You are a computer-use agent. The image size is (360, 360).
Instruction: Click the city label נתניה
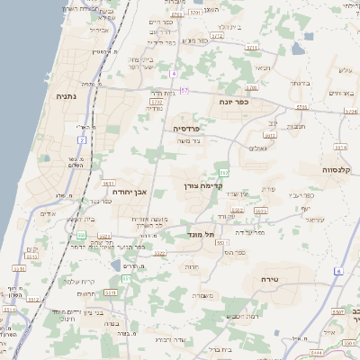click(66, 96)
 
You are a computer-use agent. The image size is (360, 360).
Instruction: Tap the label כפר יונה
click(234, 103)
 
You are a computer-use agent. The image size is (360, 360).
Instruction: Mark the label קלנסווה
click(341, 169)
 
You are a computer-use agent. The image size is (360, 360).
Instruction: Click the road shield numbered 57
click(184, 91)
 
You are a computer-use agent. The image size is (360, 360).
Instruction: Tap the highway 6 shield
click(338, 271)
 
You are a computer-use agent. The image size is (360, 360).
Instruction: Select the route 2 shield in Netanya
click(81, 140)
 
